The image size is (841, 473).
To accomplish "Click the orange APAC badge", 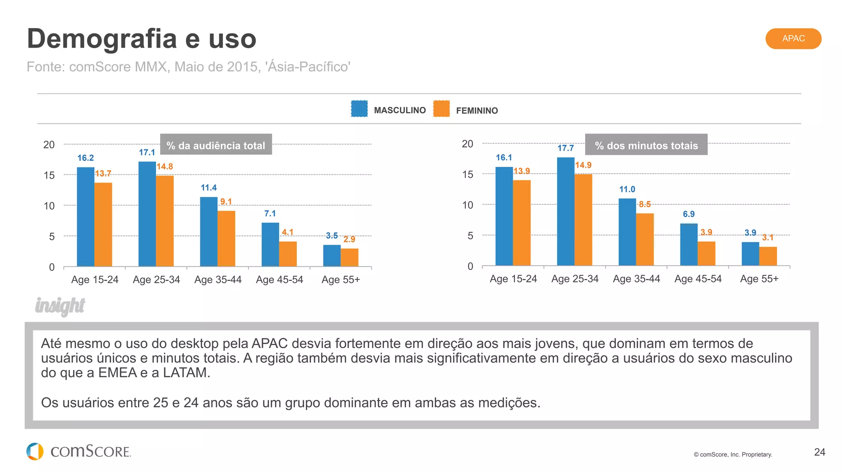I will (793, 39).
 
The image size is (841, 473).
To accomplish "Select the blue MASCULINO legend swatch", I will (359, 109).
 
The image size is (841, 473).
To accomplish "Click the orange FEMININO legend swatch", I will (441, 109).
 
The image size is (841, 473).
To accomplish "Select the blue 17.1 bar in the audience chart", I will (147, 214).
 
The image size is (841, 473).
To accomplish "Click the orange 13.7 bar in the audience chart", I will (103, 224).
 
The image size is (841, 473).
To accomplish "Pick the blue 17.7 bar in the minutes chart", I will (565, 211).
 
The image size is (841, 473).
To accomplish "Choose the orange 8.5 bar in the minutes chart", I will (645, 239).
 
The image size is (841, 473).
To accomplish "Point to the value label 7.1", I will (270, 214).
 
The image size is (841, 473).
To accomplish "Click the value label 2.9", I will (349, 239).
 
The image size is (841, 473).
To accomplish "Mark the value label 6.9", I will (689, 214).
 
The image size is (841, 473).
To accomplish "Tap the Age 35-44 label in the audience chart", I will (218, 280).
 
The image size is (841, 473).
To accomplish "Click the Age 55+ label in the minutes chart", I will (759, 279).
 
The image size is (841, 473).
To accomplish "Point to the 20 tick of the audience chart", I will (49, 145).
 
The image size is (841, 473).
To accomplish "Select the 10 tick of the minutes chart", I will (467, 205).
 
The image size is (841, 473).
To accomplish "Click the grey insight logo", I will (60, 306).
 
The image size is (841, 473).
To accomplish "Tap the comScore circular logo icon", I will (35, 451).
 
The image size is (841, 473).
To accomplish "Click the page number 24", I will (819, 452).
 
